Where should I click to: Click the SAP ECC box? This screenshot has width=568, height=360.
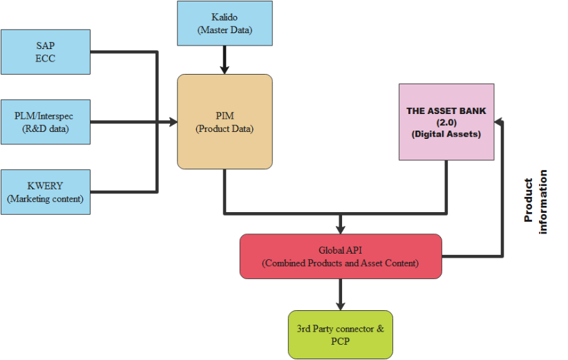46,52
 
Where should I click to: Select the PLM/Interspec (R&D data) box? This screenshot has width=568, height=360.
46,122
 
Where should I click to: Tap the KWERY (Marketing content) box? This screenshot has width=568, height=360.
46,193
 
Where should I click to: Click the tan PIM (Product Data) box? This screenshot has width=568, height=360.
225,122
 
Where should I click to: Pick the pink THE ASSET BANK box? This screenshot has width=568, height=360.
446,122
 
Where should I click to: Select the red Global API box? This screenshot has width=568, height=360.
340,256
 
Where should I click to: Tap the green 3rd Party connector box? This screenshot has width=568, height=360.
340,334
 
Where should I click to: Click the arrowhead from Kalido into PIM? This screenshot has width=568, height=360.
224,70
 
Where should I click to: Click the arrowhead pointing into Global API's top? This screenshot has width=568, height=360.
340,229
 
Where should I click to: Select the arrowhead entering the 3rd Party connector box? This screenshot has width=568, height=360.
340,305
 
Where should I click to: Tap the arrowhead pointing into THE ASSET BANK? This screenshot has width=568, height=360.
500,122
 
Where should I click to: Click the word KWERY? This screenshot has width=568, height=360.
45,187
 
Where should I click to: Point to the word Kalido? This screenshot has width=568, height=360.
223,16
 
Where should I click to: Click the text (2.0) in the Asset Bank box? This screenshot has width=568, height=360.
446,122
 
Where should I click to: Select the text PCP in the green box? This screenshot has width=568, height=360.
340,341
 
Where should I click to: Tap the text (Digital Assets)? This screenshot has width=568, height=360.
446,134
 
